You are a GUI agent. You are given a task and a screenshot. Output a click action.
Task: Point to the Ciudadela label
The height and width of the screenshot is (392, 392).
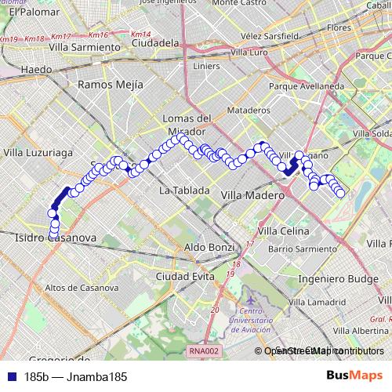tap(155, 43)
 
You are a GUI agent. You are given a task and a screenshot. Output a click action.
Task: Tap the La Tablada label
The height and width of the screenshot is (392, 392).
tap(184, 191)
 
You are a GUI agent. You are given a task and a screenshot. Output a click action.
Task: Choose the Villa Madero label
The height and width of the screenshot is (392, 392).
tap(250, 193)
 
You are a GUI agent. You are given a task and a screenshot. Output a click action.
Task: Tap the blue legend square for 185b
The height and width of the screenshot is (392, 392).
tap(8, 377)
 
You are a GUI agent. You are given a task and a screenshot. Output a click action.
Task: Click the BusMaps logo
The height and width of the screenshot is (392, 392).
tap(354, 376)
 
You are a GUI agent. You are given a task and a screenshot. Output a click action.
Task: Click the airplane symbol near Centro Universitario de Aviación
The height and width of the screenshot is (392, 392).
tap(251, 300)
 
